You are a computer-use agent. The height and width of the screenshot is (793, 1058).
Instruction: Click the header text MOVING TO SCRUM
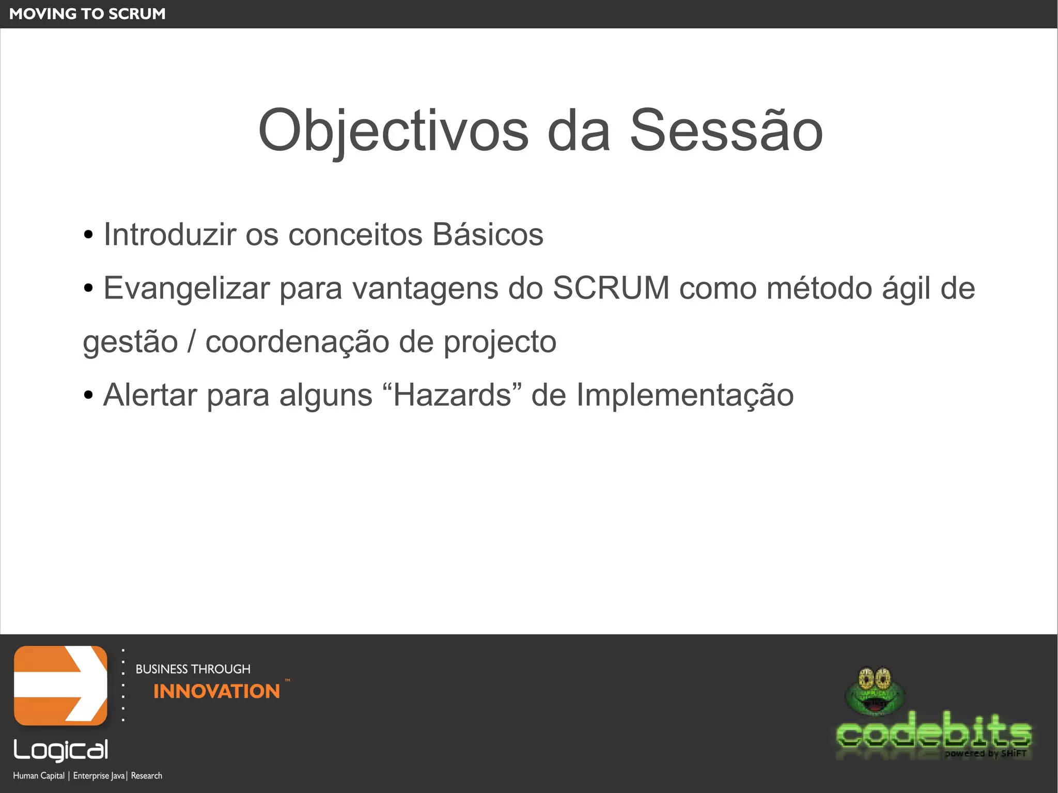[87, 14]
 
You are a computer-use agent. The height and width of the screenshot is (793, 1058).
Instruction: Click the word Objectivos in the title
[393, 131]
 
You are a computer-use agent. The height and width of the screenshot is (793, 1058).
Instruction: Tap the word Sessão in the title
[726, 131]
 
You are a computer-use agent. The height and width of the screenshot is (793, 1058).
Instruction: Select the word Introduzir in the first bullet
[169, 235]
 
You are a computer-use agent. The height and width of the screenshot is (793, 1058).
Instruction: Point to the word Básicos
[488, 235]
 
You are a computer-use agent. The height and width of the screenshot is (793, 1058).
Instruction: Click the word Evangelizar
[186, 288]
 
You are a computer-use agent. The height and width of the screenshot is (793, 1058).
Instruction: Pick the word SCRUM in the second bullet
[611, 288]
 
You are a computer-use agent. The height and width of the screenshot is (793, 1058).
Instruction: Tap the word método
[819, 288]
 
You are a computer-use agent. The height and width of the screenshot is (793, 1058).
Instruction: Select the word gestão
[130, 343]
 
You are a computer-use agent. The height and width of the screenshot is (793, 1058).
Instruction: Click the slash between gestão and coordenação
[192, 342]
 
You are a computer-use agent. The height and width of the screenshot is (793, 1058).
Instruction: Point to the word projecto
[500, 343]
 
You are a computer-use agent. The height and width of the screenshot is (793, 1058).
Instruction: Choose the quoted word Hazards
[452, 395]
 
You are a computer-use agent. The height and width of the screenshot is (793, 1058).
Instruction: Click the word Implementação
[684, 396]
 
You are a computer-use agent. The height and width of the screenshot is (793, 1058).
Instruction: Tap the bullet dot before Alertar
[88, 396]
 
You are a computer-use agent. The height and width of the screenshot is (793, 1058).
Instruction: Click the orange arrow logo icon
[60, 686]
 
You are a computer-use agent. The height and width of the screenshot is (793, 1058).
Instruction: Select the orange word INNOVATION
[216, 691]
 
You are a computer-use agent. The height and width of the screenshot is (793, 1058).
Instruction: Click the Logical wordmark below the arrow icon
[61, 750]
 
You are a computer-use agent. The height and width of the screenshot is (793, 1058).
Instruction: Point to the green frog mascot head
[874, 692]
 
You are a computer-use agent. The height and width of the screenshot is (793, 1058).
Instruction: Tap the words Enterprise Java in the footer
[99, 775]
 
